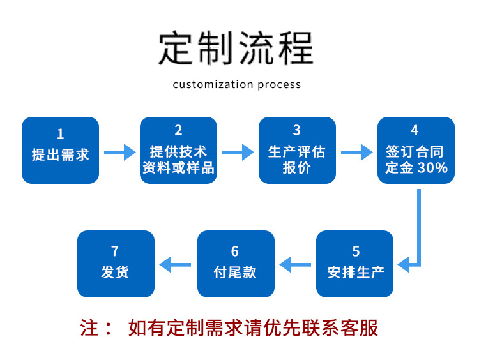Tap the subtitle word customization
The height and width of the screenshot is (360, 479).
[214, 84]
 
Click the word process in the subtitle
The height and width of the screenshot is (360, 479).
[280, 84]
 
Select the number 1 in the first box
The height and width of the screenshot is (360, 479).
[61, 134]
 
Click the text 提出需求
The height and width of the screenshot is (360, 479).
[61, 154]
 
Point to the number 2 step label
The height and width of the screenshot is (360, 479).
[178, 131]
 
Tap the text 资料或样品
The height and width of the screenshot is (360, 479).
[178, 169]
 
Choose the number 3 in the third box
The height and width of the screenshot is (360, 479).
[297, 131]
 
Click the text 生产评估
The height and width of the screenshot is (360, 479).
[297, 151]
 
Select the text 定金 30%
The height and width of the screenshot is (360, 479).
[416, 169]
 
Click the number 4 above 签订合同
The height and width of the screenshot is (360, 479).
[415, 131]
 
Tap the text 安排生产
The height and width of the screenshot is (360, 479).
[356, 273]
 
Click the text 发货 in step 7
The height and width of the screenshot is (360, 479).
[115, 272]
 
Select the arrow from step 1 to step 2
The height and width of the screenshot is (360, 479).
[119, 152]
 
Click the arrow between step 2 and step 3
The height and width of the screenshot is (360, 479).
[238, 152]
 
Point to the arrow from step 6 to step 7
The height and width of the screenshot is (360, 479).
[175, 263]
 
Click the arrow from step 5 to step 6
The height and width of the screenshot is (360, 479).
[295, 263]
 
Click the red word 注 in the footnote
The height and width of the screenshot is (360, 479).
[89, 328]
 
